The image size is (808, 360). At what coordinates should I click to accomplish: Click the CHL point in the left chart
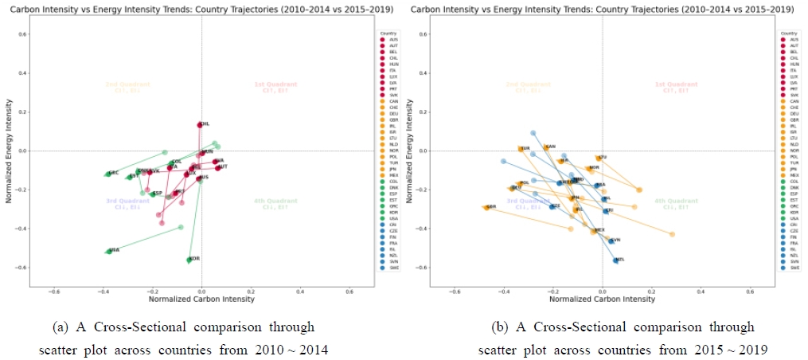click(x=200, y=125)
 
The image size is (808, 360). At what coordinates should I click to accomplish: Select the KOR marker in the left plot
click(x=189, y=260)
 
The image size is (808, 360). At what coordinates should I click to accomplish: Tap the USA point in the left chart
click(x=109, y=251)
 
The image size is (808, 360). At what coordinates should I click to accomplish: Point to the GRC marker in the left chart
click(x=108, y=174)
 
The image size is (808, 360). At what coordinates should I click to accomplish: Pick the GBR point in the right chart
click(x=486, y=207)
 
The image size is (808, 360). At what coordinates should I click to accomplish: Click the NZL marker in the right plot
click(x=615, y=260)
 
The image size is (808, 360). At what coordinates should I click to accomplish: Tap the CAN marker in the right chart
click(x=546, y=147)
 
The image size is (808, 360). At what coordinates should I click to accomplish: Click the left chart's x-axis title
click(x=201, y=299)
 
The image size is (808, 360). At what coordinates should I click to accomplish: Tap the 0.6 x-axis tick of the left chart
click(x=349, y=291)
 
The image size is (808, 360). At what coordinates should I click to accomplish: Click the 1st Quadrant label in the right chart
click(x=676, y=87)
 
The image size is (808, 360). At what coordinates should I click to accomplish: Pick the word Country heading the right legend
click(x=789, y=33)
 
